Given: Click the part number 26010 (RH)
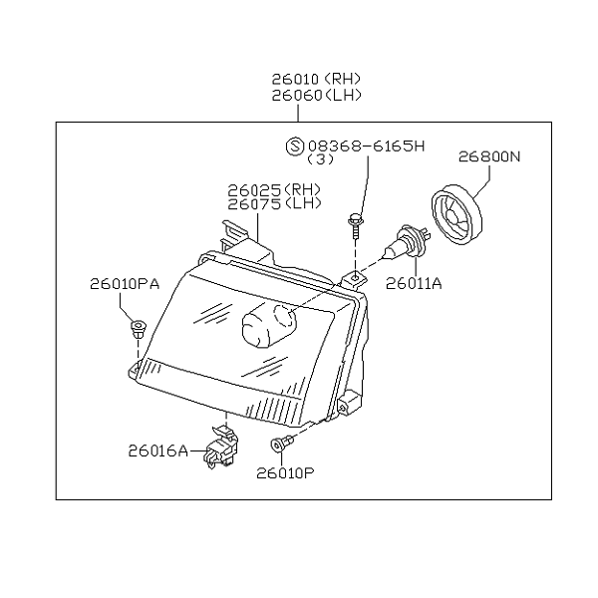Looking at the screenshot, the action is (x=316, y=79).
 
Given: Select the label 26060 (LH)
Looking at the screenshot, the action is (x=316, y=96).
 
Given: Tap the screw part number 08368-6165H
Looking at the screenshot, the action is (x=366, y=146).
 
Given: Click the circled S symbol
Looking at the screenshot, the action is (x=295, y=147).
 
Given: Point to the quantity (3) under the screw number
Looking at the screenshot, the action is (x=320, y=159).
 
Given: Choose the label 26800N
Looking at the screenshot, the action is (x=489, y=156).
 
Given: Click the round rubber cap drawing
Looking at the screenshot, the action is (x=456, y=214).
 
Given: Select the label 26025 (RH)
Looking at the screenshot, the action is (x=274, y=189).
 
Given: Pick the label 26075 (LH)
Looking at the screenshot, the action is (x=274, y=204).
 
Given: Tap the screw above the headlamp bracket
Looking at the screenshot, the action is (x=356, y=226).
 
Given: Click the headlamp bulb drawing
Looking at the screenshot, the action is (x=407, y=242).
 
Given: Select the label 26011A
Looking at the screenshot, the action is (x=414, y=283).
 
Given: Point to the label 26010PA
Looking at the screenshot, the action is (x=125, y=284).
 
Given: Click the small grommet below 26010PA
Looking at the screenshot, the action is (x=139, y=329).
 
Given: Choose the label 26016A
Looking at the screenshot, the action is (x=158, y=451).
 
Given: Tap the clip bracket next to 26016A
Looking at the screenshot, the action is (x=221, y=447).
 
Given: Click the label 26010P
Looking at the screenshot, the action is (x=285, y=473).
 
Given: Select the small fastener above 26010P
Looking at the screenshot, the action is (x=281, y=444).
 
